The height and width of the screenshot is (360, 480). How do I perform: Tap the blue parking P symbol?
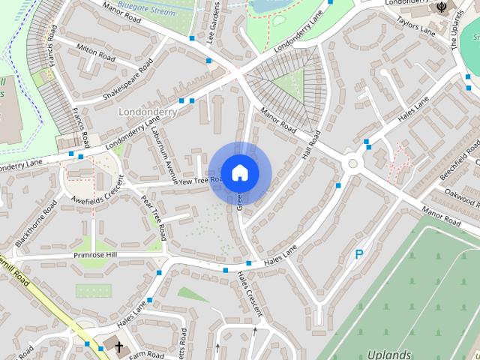[x=359, y=255]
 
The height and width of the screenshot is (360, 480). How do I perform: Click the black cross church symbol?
[x=118, y=346]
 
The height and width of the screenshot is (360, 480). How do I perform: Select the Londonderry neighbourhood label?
[x=146, y=111]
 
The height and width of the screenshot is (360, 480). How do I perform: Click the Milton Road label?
[x=95, y=52]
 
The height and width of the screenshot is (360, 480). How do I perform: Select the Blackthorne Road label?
[x=35, y=223]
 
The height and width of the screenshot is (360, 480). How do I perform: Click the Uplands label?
[x=389, y=353]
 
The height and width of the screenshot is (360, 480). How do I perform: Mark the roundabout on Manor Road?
[x=352, y=163]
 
